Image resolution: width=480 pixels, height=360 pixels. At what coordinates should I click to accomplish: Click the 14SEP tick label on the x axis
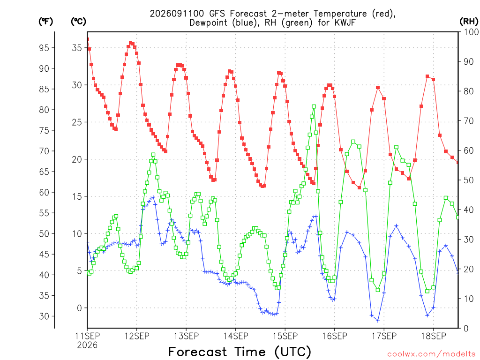tap(236, 336)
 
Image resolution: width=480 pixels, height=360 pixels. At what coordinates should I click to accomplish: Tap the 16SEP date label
tap(335, 336)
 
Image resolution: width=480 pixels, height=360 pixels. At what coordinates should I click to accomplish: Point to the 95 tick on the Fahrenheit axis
tap(44, 48)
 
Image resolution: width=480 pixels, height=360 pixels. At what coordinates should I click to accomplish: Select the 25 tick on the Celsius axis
tap(77, 122)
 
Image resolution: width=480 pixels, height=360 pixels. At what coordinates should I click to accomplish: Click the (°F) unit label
tap(45, 22)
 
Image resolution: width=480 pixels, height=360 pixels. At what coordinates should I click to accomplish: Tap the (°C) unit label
tap(78, 22)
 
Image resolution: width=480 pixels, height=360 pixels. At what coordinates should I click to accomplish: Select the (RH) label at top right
tap(469, 21)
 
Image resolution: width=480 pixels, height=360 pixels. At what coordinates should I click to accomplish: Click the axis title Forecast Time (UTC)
tap(240, 352)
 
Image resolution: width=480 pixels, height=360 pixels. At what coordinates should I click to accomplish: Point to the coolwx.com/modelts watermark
tap(431, 354)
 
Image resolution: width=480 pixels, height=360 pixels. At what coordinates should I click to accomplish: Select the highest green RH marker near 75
tap(314, 106)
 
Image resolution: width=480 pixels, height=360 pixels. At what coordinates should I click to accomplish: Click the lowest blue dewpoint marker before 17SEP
tap(378, 321)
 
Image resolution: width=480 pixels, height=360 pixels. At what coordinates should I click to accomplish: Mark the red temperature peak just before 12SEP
tap(130, 43)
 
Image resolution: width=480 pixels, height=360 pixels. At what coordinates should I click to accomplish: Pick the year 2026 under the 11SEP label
tap(87, 345)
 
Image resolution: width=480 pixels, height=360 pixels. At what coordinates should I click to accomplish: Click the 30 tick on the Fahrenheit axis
tap(44, 316)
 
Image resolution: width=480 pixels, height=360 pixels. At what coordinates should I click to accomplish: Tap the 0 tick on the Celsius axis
tap(79, 308)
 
